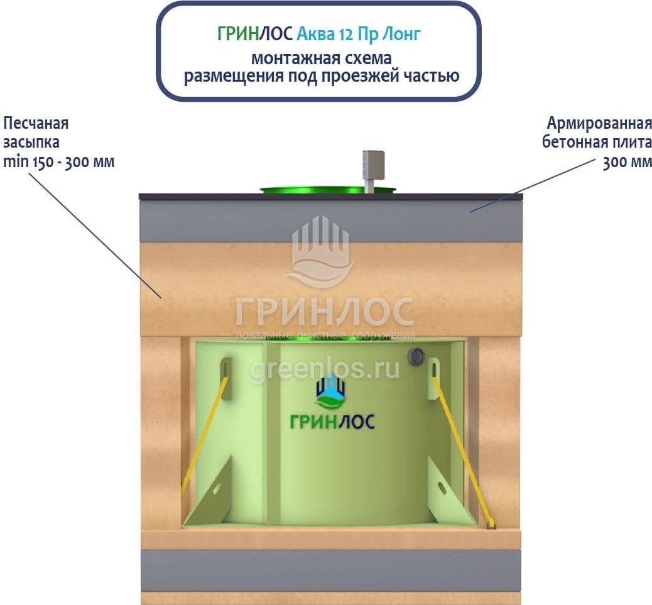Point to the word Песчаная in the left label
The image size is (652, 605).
tap(36, 122)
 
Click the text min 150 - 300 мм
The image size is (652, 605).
tap(58, 161)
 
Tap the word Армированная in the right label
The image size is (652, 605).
tap(599, 122)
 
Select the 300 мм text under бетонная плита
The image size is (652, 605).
tap(627, 162)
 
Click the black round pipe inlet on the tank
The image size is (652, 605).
tap(415, 356)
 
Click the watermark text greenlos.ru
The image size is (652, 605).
tap(325, 370)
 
